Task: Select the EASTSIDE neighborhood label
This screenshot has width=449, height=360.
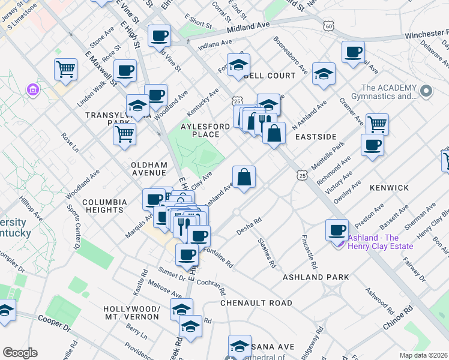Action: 316,137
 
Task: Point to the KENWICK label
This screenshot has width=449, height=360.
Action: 389,188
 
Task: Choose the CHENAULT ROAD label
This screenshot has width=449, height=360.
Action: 256,303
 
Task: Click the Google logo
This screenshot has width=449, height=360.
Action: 20,353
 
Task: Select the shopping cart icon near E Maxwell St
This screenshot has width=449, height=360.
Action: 65,69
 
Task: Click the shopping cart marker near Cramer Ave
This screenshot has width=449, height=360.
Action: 377,124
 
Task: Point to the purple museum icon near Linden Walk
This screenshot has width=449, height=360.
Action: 32,90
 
